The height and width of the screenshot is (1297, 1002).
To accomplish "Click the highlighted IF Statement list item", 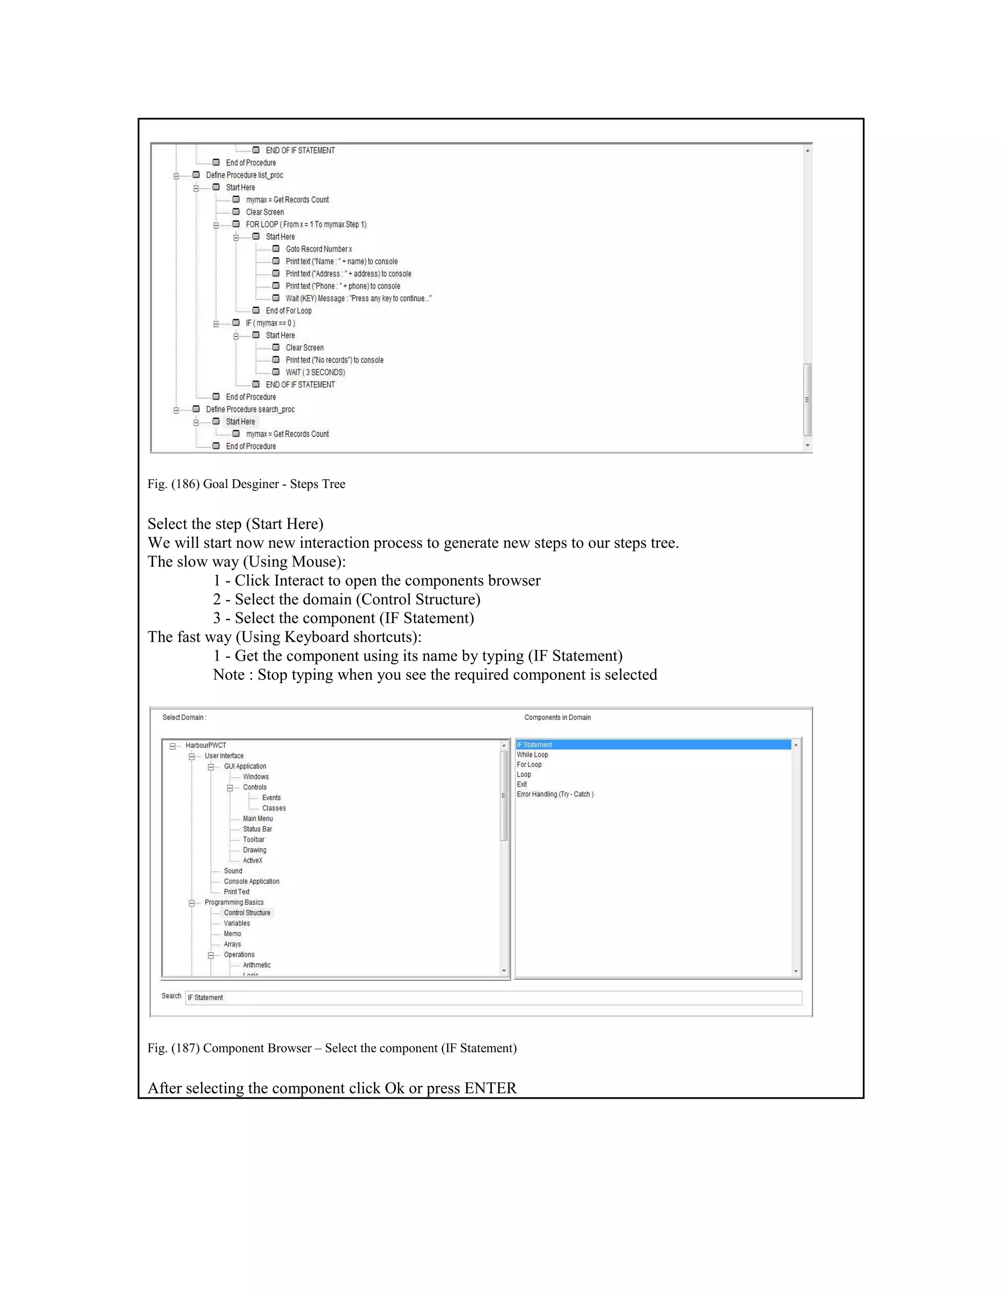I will [534, 745].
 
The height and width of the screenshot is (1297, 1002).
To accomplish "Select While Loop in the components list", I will [532, 755].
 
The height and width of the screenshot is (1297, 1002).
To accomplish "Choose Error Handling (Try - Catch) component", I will [555, 794].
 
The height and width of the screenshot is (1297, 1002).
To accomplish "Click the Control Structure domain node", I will [247, 913].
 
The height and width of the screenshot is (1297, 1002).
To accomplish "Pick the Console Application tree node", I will [251, 881].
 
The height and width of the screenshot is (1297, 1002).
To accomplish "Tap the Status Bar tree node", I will [257, 829].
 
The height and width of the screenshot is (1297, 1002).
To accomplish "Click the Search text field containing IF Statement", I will [493, 997].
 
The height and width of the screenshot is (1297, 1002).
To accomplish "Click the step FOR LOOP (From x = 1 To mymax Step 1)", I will [306, 225].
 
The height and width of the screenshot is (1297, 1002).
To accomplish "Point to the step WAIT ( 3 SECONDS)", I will [315, 372].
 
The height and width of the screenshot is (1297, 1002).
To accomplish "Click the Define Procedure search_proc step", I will [250, 409].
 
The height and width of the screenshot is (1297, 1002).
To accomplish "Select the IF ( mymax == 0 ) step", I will [270, 323].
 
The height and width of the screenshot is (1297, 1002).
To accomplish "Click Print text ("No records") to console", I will [334, 360].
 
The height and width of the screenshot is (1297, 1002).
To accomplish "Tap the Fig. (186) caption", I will [247, 484].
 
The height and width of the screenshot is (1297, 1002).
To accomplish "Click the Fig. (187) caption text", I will [332, 1048].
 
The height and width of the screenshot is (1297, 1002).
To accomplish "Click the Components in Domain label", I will [557, 718].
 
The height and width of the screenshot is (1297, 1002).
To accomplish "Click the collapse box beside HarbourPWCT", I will [173, 746].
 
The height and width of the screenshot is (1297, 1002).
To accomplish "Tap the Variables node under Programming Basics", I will [237, 924].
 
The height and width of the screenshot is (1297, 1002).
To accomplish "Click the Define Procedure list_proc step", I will [244, 175].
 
